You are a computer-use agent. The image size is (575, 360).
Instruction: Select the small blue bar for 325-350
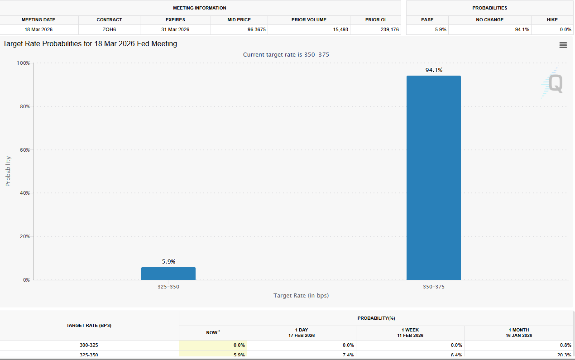(x=168, y=274)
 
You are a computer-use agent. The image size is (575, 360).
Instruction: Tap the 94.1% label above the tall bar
(x=433, y=70)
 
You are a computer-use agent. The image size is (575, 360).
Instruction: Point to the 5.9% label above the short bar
(x=168, y=262)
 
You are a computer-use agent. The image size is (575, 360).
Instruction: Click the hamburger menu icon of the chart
(x=563, y=45)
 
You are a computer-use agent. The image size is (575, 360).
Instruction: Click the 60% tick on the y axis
(x=24, y=150)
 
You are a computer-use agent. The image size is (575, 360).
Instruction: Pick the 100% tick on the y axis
(x=23, y=63)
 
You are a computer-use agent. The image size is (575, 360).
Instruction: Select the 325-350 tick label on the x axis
(x=168, y=287)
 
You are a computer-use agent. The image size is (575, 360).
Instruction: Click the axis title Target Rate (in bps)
(x=301, y=296)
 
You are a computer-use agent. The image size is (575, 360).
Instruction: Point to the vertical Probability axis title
(x=8, y=171)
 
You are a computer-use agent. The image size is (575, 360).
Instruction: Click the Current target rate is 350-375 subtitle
(x=286, y=55)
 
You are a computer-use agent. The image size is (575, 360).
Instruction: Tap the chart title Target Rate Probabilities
(x=90, y=44)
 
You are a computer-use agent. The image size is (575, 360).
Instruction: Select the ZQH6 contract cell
(x=109, y=29)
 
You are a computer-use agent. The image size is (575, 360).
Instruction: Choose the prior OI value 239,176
(x=389, y=29)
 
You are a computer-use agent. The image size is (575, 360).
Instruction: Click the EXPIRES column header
(x=175, y=20)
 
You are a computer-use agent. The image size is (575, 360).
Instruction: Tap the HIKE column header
(x=552, y=20)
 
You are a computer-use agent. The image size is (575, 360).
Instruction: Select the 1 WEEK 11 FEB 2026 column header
(x=410, y=333)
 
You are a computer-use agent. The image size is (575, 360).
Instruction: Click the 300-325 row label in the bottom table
(x=89, y=345)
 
